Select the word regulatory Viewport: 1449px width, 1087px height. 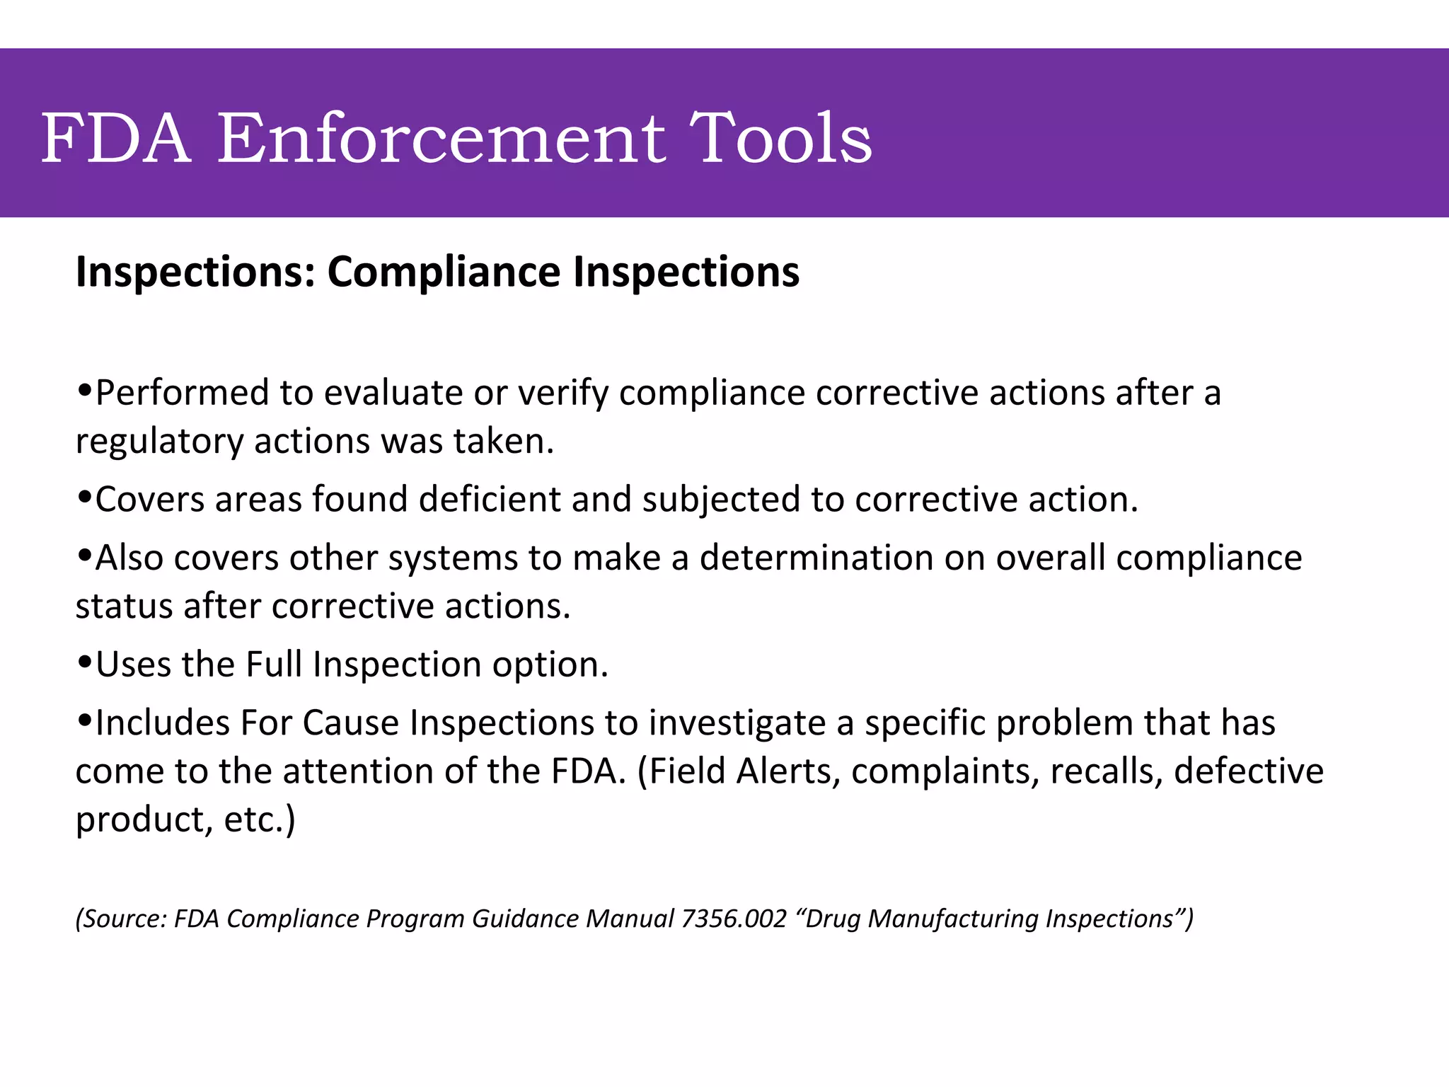click(159, 442)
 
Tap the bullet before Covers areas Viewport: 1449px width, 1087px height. click(84, 495)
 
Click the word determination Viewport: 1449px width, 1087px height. click(816, 558)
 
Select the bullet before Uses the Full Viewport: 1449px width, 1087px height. click(84, 661)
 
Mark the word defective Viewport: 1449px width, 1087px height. click(1249, 771)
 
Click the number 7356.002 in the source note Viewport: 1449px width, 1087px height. click(734, 919)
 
